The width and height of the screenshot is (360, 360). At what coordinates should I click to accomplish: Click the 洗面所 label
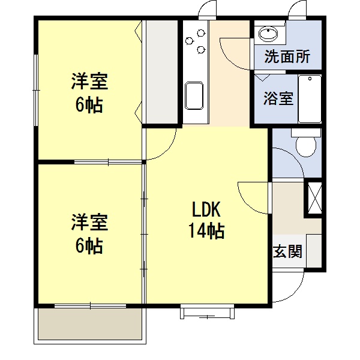coord(287,58)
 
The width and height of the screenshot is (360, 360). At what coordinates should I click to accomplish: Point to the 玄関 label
coord(287,251)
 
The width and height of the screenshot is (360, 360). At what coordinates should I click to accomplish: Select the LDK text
coord(207,210)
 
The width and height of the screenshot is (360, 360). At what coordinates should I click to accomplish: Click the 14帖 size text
coord(207,230)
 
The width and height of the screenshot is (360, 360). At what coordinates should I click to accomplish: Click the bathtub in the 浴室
coord(310,98)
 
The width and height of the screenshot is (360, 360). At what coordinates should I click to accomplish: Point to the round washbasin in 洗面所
coord(267,34)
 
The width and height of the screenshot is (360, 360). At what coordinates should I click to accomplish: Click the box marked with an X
coord(314,197)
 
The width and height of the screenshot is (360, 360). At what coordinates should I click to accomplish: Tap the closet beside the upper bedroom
coord(161,71)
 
